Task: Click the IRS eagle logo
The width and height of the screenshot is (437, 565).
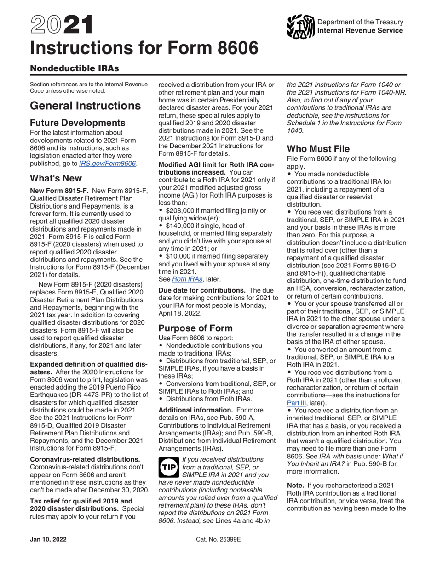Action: [299, 27]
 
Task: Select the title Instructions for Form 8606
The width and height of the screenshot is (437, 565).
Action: [144, 48]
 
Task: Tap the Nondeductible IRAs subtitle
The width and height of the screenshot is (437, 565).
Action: [74, 68]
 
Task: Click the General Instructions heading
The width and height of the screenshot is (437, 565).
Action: [85, 106]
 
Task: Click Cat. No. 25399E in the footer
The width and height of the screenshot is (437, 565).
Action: [218, 542]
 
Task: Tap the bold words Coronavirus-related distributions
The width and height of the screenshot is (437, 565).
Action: [85, 459]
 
